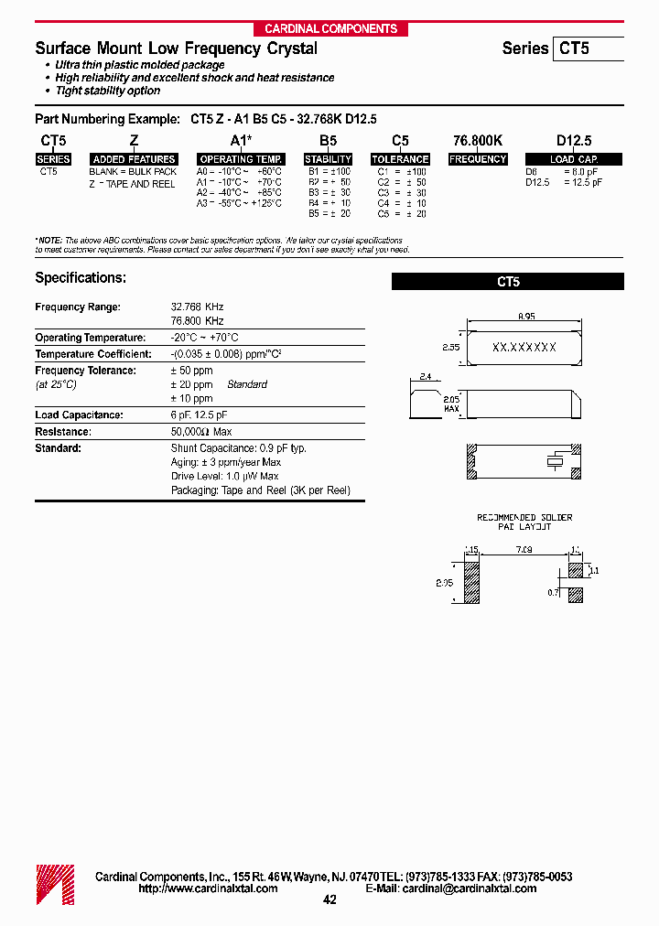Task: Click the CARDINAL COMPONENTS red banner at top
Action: (x=330, y=28)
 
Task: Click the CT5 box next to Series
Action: (x=587, y=48)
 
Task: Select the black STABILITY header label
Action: (x=328, y=159)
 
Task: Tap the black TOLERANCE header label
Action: (x=400, y=159)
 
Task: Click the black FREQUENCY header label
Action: (x=478, y=159)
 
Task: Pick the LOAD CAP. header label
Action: (x=574, y=159)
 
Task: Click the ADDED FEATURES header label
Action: (x=134, y=159)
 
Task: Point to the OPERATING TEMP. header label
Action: (x=241, y=159)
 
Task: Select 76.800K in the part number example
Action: (x=478, y=141)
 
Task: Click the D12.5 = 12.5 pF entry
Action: (x=564, y=183)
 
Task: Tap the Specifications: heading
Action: (x=81, y=277)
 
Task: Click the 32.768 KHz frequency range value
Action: (x=197, y=307)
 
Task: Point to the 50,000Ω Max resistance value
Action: (x=200, y=432)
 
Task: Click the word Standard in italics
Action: (x=247, y=385)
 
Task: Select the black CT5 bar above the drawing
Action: (x=507, y=283)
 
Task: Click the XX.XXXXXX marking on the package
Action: (x=524, y=349)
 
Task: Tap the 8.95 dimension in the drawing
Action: (x=525, y=317)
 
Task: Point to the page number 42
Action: (x=329, y=900)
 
